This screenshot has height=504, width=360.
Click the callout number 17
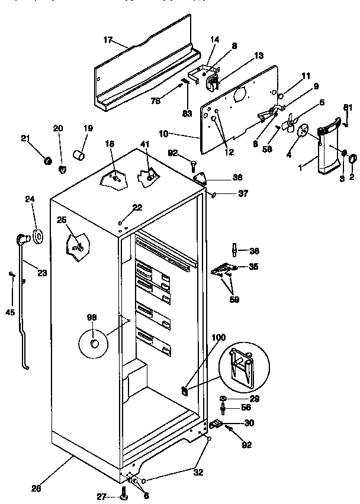point(107,40)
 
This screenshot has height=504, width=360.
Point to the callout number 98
point(92,318)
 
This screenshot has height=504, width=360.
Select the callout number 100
point(218,337)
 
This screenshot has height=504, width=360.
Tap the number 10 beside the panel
point(164,134)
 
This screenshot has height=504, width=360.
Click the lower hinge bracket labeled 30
point(216,424)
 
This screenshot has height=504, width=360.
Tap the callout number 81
point(348,107)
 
